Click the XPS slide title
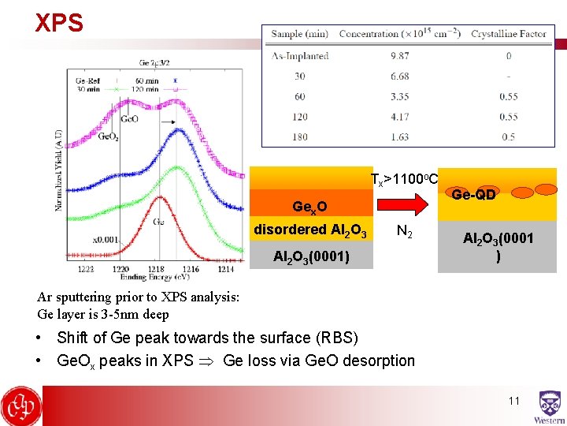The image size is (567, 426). click(x=59, y=23)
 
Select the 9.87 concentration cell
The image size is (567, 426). click(x=399, y=56)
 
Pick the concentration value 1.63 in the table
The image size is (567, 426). click(x=399, y=136)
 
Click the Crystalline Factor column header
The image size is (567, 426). click(x=510, y=34)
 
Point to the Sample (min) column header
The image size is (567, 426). click(x=299, y=34)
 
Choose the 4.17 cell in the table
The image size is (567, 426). click(x=399, y=117)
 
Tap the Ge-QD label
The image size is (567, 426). click(x=473, y=194)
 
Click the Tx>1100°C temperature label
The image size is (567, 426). click(x=404, y=180)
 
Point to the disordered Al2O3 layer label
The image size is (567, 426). click(x=309, y=230)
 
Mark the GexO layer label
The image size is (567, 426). click(x=309, y=207)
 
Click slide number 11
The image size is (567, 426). click(x=514, y=401)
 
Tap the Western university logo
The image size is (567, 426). click(x=549, y=407)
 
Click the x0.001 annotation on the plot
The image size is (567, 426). click(x=106, y=239)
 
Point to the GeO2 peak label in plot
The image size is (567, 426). click(x=109, y=135)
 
